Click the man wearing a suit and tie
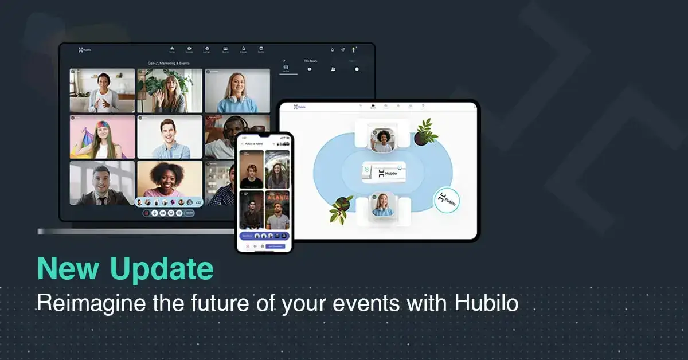101,183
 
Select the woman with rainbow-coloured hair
101,138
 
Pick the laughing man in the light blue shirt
169,138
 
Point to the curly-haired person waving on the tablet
382,139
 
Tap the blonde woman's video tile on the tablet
382,205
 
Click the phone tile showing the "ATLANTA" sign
277,209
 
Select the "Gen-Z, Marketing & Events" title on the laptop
169,63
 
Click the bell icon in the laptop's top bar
332,50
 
